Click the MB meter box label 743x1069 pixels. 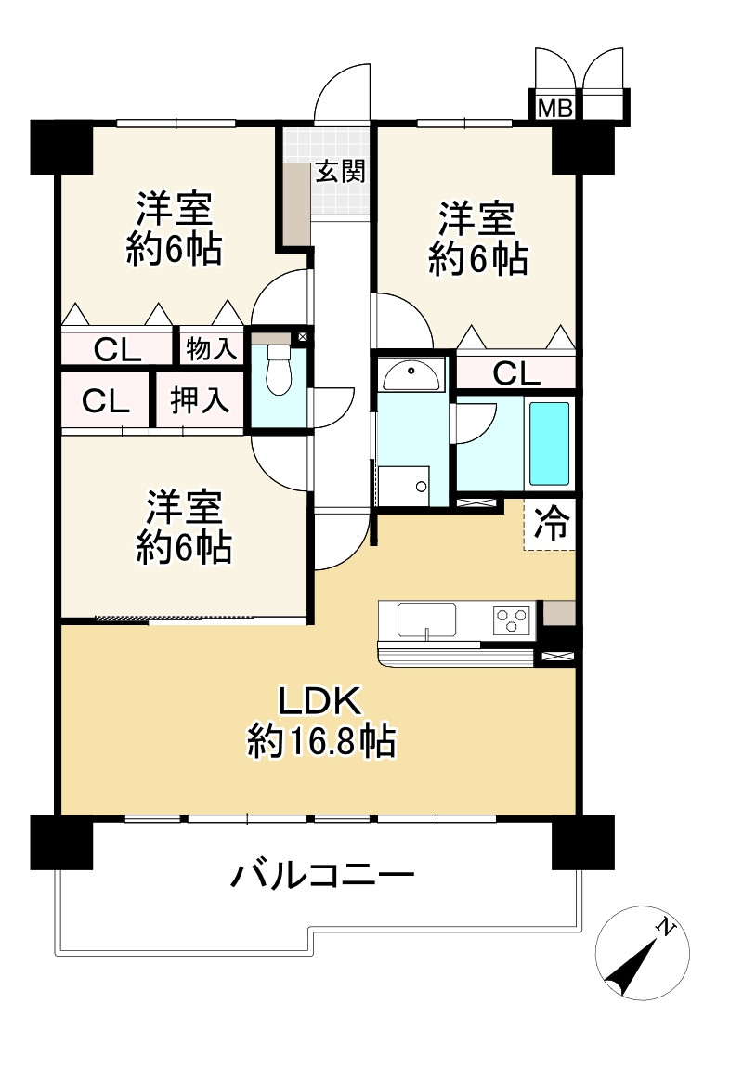[555, 107]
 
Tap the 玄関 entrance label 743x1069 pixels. [339, 172]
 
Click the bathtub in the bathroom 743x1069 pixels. [549, 443]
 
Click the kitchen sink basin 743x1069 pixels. [426, 619]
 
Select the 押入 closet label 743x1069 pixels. [199, 401]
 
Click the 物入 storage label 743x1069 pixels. [211, 349]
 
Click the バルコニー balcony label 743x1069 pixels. [321, 875]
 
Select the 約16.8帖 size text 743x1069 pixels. [321, 742]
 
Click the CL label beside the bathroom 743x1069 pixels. [515, 373]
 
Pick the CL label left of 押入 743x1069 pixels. [105, 401]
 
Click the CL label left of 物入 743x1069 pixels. [118, 350]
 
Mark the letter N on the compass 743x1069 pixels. [665, 926]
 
